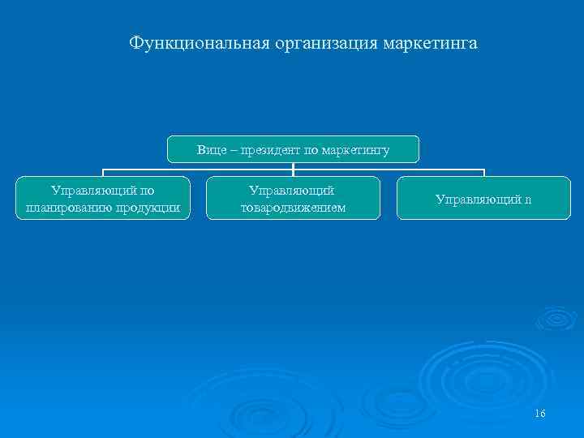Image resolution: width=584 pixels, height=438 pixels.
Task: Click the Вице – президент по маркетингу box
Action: click(x=293, y=149)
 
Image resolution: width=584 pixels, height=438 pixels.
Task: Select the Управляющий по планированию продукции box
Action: click(x=103, y=199)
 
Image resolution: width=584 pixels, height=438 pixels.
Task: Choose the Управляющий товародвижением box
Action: click(x=293, y=199)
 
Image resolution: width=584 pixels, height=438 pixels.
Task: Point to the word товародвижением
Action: click(x=293, y=208)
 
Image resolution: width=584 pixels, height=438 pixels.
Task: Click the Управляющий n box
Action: click(x=483, y=199)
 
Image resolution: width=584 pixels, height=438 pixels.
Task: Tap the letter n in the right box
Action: click(x=528, y=199)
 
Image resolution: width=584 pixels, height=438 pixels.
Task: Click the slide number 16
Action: click(x=540, y=414)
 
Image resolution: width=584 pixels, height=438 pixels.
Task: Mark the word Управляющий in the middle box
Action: click(x=293, y=191)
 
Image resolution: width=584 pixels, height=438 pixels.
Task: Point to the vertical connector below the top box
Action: click(x=293, y=169)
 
